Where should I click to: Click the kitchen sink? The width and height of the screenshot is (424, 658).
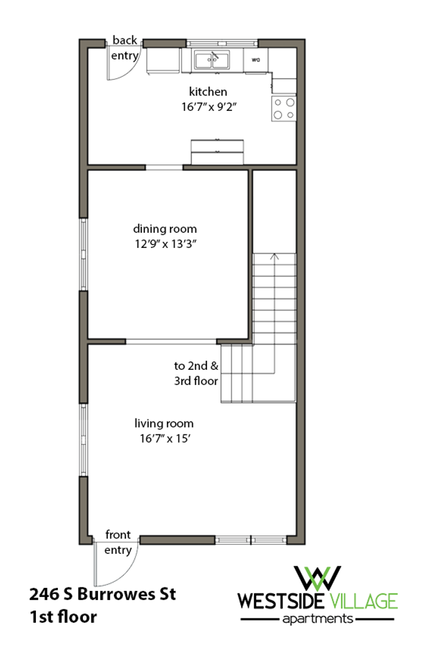212,60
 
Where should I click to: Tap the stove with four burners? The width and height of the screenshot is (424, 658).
284,108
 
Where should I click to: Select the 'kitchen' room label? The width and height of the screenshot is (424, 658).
208,91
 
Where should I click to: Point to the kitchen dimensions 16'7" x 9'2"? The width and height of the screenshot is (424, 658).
208,107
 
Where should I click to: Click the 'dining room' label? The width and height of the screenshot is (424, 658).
164,228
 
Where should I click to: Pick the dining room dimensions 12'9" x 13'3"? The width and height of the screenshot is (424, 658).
166,244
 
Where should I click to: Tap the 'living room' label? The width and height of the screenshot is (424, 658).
164,423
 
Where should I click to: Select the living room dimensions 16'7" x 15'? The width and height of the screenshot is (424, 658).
165,439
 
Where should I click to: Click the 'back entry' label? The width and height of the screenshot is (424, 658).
125,48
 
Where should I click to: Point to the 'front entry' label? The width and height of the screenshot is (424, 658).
118,542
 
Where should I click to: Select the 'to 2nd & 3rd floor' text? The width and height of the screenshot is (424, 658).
196,373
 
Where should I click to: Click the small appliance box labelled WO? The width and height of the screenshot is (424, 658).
256,60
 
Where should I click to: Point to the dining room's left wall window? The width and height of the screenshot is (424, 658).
83,254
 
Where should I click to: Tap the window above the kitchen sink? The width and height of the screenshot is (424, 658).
222,43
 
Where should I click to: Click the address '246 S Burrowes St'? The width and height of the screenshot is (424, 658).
102,594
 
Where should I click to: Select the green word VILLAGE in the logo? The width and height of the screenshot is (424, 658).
364,601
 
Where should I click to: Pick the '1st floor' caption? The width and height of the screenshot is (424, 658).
63,617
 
